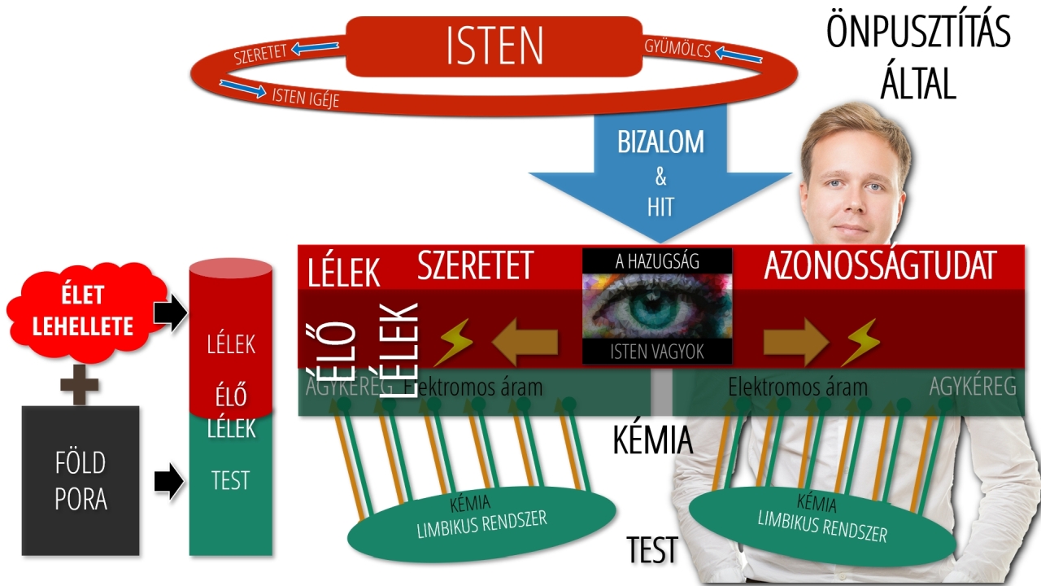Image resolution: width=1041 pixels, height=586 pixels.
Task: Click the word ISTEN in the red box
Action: [494, 46]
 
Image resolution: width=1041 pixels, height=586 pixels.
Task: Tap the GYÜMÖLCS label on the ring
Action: [677, 49]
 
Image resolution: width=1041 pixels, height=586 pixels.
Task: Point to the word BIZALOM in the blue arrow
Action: [660, 142]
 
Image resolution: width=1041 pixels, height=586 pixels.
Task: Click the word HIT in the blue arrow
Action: [660, 207]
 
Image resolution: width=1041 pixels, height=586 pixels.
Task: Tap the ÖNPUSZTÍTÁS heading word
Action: [918, 33]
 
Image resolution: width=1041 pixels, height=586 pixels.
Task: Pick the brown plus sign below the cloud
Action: [80, 384]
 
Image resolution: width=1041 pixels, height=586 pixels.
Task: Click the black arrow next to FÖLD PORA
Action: [169, 482]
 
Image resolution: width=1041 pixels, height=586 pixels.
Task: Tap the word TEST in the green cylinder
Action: [230, 480]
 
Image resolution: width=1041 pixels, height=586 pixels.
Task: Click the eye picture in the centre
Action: [657, 307]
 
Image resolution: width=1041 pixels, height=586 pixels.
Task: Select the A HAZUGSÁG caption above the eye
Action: [657, 261]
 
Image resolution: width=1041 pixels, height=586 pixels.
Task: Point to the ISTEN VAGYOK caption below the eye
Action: [657, 352]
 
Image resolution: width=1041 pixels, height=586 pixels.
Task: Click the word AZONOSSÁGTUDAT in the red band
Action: [880, 266]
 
